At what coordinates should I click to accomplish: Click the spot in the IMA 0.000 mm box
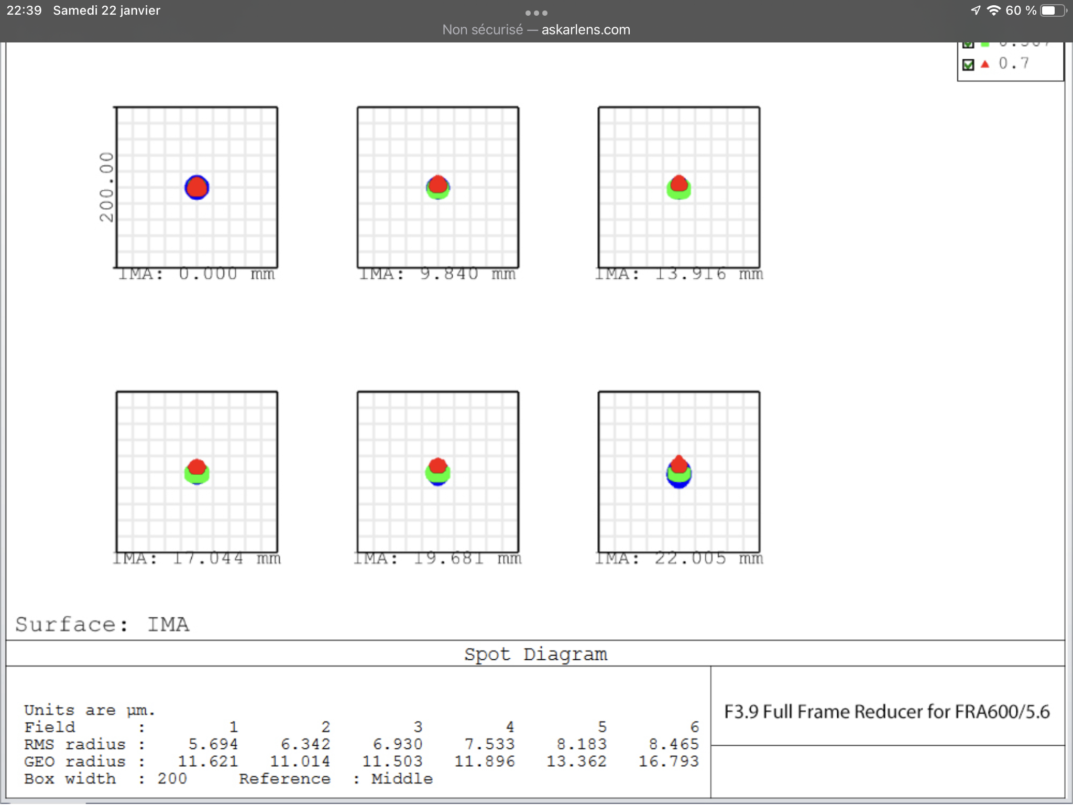coord(197,187)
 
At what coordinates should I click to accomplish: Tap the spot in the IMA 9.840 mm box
coord(438,187)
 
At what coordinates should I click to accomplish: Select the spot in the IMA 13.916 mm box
coord(679,187)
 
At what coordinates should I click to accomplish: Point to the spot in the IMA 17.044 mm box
coord(197,471)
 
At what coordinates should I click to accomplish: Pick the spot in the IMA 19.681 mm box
coord(438,471)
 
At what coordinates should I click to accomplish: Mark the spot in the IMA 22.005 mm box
coord(679,471)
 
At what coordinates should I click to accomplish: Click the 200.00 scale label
coord(106,187)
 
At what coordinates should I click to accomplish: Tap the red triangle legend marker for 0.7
coord(985,64)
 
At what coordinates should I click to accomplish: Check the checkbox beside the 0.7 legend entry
coord(968,64)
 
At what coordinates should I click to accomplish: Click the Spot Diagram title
coord(535,654)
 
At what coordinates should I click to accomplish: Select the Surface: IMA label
coord(102,624)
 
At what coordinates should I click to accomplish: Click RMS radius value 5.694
coord(213,744)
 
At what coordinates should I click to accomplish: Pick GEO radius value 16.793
coord(669,761)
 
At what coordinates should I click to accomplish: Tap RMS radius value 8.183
coord(582,744)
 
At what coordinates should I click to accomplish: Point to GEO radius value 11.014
coord(300,761)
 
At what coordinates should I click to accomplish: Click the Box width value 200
coord(172,778)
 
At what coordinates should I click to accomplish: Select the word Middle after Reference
coord(402,778)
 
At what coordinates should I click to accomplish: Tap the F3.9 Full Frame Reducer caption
coord(887,712)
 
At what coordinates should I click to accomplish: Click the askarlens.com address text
coord(586,30)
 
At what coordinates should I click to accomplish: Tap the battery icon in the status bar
coord(1052,10)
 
